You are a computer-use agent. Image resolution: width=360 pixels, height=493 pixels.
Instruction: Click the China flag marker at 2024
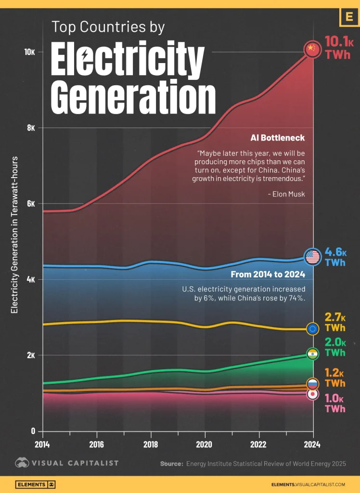(x=312, y=49)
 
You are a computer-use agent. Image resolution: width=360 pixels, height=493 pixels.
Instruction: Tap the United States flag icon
(x=312, y=257)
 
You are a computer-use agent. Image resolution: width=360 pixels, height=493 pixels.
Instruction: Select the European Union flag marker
(x=313, y=329)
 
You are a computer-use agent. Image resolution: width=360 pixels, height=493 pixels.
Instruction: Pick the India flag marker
(x=313, y=354)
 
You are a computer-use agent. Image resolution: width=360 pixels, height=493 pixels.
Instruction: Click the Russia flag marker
(x=313, y=384)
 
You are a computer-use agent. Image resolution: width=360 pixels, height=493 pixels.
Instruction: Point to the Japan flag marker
(x=313, y=394)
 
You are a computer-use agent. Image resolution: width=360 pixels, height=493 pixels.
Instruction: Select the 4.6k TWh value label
(x=335, y=257)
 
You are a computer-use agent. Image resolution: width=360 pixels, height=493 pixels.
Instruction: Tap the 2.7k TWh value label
(x=335, y=323)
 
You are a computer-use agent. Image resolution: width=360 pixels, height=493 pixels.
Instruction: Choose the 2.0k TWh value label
(x=335, y=348)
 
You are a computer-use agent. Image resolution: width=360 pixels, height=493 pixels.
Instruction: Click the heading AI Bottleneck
(x=277, y=138)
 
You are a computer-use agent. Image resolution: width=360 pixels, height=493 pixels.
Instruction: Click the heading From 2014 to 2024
(x=267, y=275)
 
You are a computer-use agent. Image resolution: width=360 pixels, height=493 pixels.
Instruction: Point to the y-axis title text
(x=14, y=235)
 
